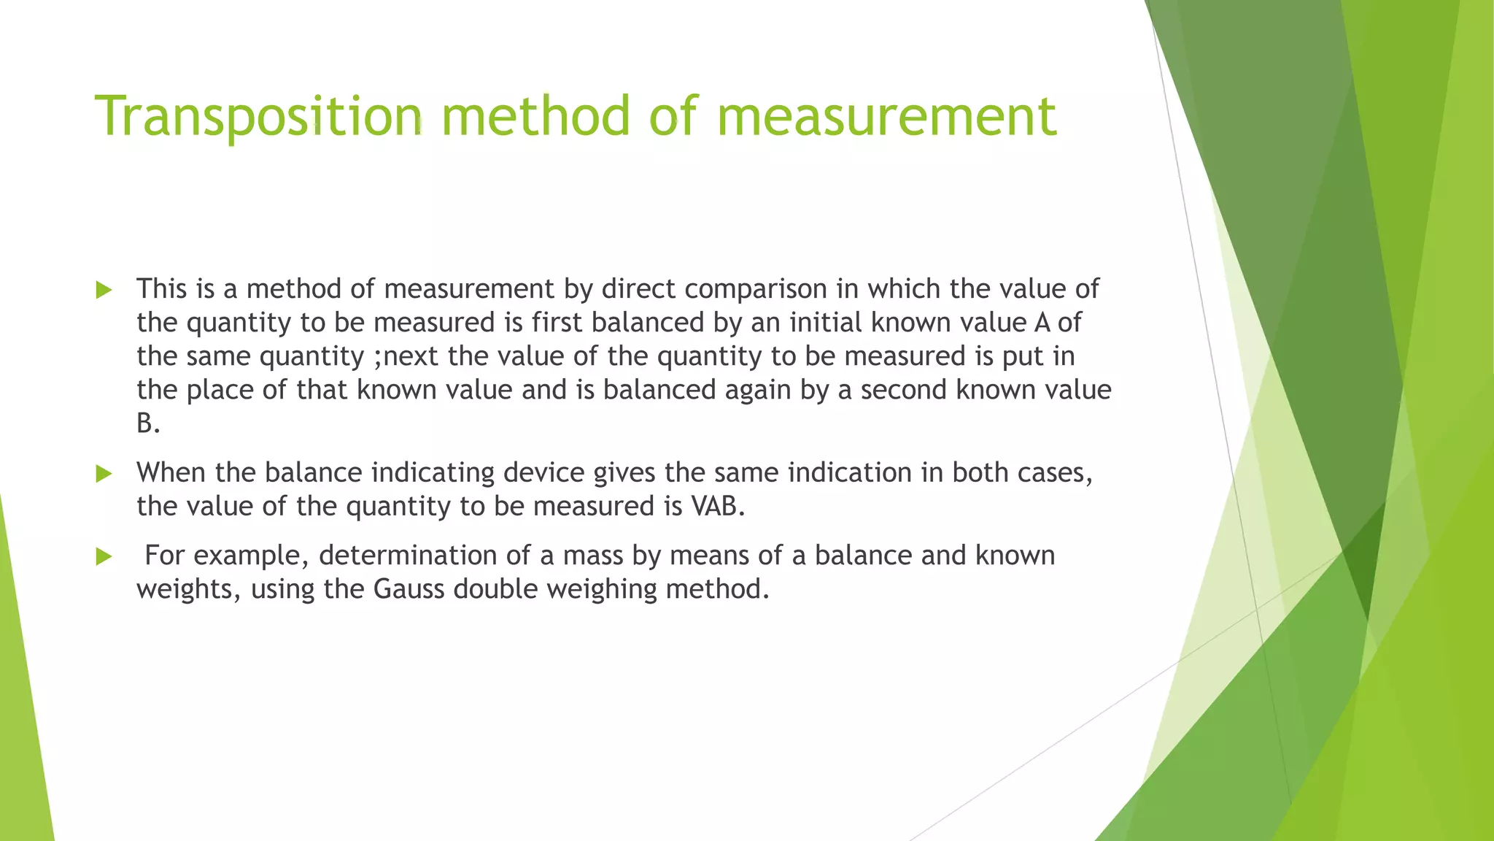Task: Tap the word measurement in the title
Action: pyautogui.click(x=886, y=117)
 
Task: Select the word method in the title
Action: pyautogui.click(x=535, y=117)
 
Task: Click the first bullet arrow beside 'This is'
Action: pyautogui.click(x=104, y=291)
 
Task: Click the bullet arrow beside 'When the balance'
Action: pyautogui.click(x=104, y=475)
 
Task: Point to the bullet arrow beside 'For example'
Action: pyautogui.click(x=104, y=557)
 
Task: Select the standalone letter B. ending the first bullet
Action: pyautogui.click(x=148, y=423)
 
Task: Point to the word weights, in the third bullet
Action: pyautogui.click(x=188, y=589)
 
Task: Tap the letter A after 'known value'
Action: pyautogui.click(x=1042, y=323)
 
